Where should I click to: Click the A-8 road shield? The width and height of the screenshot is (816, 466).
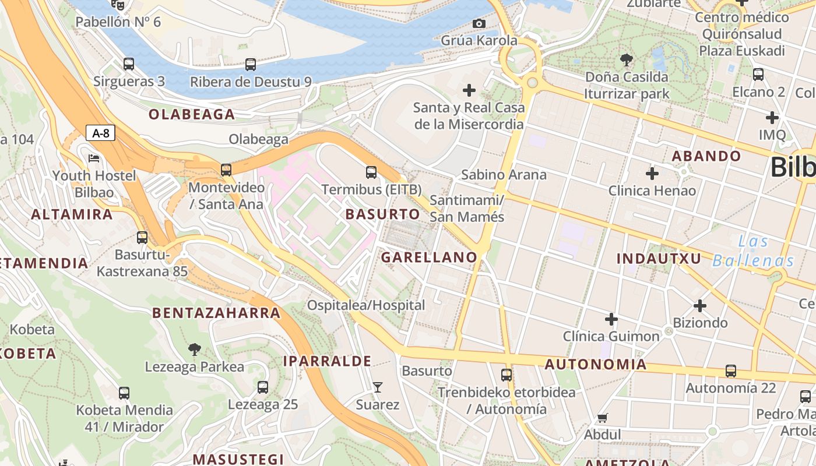101,133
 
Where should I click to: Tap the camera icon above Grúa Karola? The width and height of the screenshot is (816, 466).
479,23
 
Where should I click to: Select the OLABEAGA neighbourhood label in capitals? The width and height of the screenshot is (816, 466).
192,114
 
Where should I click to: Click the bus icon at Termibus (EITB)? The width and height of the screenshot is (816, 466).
371,172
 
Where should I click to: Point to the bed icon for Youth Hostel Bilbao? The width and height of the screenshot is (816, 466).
94,158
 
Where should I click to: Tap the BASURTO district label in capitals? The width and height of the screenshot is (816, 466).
382,214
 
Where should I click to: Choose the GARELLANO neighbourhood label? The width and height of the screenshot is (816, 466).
429,257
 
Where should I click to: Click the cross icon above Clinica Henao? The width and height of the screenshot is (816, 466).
652,173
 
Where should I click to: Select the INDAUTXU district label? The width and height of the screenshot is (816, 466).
659,258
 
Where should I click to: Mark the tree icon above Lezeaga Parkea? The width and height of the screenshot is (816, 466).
195,349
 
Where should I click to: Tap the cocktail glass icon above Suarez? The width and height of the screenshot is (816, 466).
378,387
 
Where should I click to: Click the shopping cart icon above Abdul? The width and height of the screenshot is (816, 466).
603,417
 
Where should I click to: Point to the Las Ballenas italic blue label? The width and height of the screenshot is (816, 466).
753,250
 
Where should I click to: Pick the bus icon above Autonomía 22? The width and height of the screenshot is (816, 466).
731,370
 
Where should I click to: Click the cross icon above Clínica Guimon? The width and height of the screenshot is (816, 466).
611,319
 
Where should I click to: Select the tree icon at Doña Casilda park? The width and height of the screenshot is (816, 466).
627,59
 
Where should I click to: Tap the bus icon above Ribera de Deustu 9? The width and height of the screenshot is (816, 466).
251,64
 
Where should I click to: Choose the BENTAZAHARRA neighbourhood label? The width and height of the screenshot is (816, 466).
216,313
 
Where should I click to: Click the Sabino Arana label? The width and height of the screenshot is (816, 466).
504,175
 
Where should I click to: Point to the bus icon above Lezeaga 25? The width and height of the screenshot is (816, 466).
263,387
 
